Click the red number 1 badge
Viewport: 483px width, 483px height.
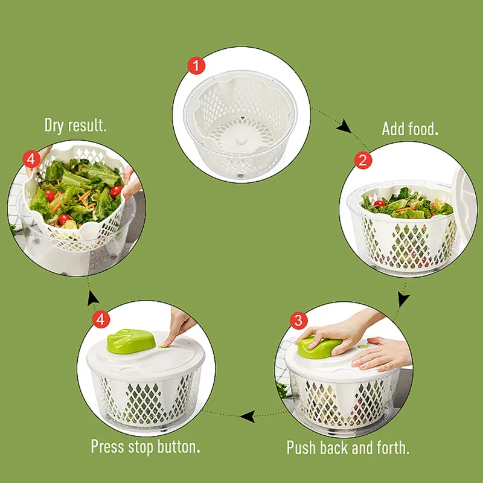coord(196,65)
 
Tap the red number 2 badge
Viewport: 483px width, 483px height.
coord(363,160)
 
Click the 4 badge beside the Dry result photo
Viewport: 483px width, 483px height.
coord(31,159)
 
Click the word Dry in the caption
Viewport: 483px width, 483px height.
coord(57,126)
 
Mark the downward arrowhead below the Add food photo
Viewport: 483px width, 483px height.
coord(403,299)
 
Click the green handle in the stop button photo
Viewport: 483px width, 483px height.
coord(129,341)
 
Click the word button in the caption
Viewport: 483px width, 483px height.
coord(179,447)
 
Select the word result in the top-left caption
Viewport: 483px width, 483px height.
coord(88,126)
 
